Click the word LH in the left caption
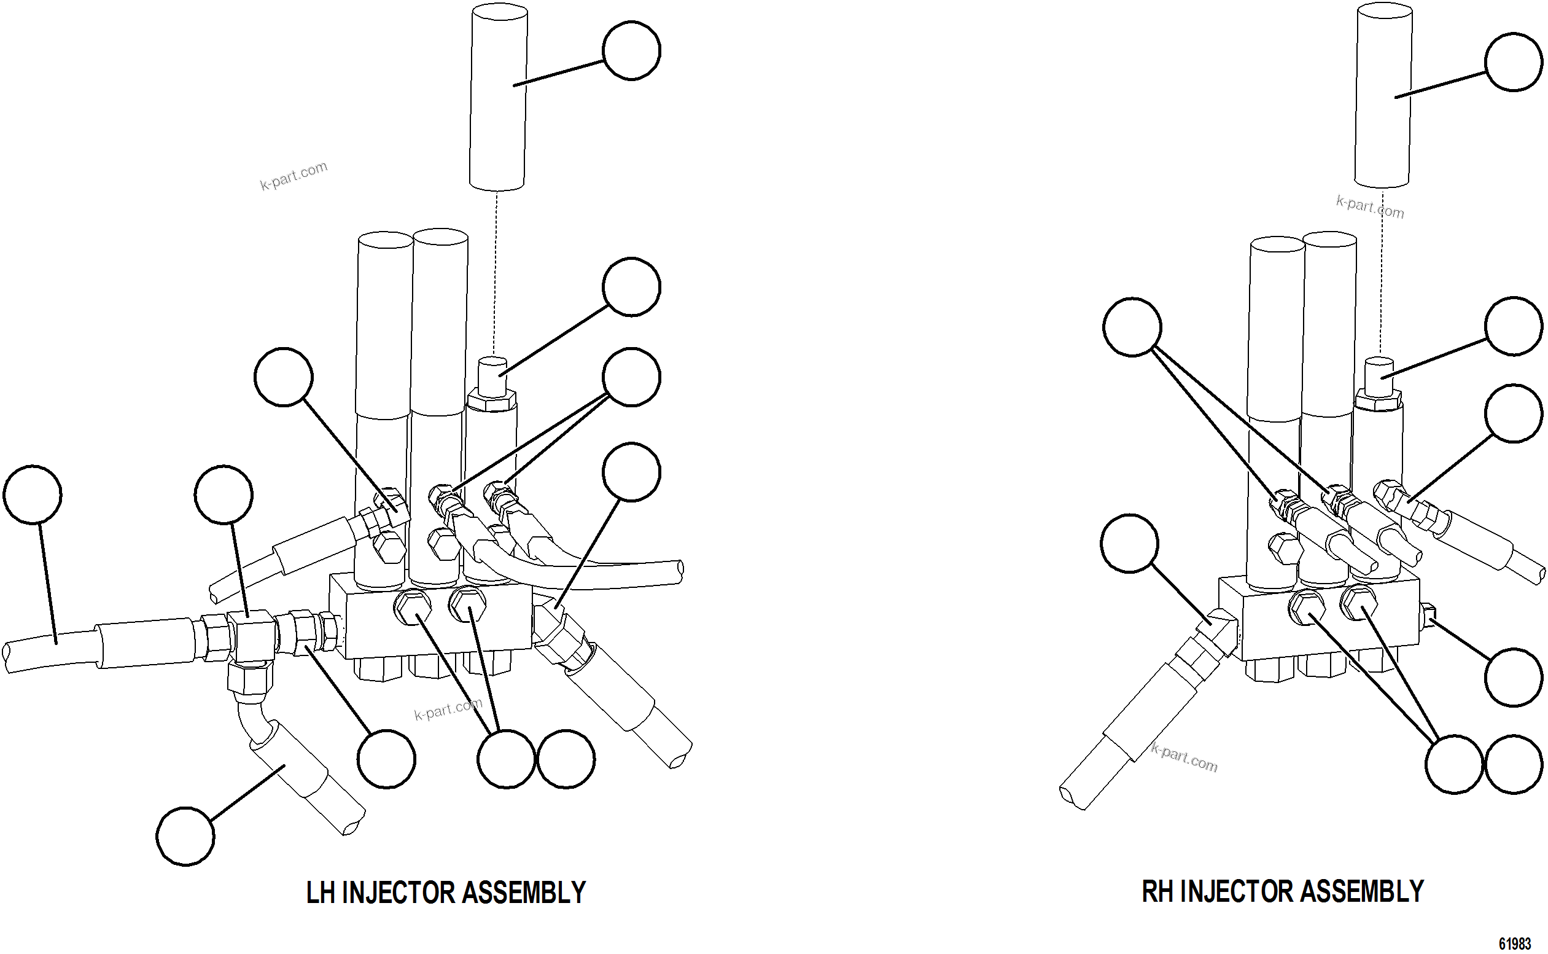pos(321,893)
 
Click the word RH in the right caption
pos(1157,891)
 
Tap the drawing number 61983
pos(1515,944)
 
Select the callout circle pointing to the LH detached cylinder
pos(631,50)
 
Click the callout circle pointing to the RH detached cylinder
pos(1514,63)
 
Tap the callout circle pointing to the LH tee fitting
pos(224,494)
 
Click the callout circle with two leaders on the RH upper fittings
pos(1132,327)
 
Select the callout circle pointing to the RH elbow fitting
pos(1129,543)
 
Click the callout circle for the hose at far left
pos(32,494)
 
